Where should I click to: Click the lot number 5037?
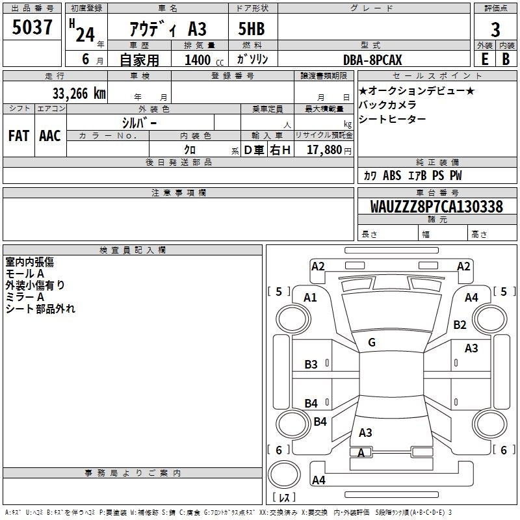click(32, 27)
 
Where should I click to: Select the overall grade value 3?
click(495, 30)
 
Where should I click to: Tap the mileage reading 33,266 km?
click(79, 94)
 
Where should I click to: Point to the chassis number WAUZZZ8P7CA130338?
click(436, 207)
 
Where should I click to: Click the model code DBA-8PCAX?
click(372, 60)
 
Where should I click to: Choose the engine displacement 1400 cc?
click(204, 60)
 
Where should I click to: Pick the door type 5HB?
click(252, 29)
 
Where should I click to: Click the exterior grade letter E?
click(484, 59)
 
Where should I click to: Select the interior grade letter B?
click(506, 59)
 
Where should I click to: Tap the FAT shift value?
click(19, 136)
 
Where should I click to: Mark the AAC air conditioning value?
click(50, 136)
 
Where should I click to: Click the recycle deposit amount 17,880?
click(324, 150)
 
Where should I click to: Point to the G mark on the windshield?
click(372, 343)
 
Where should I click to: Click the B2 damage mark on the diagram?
click(460, 324)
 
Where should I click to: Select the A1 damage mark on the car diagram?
click(310, 298)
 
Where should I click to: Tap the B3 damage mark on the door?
click(311, 365)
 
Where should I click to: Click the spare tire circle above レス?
click(284, 474)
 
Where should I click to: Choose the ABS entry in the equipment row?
click(392, 175)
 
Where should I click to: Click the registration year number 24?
click(85, 34)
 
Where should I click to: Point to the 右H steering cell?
click(280, 150)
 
